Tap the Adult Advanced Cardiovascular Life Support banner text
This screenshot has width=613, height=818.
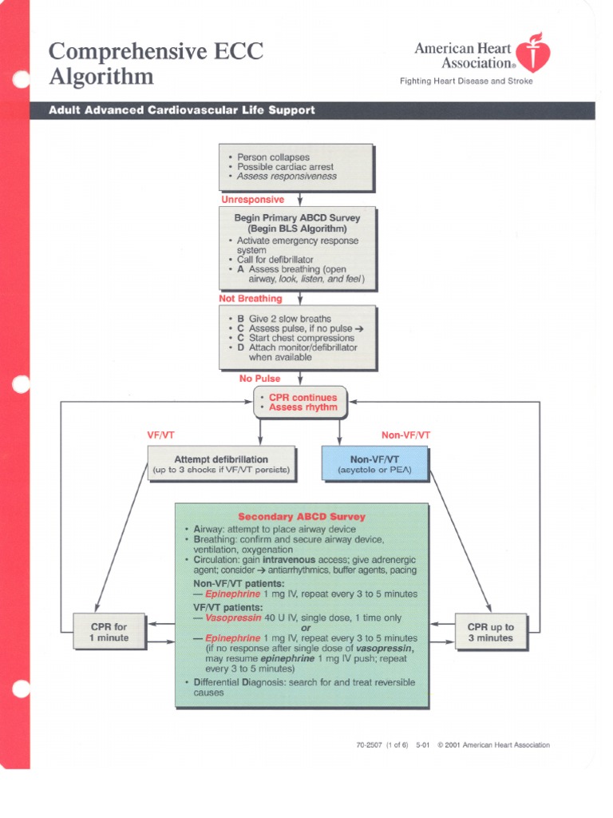point(182,110)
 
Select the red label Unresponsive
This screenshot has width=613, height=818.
point(252,200)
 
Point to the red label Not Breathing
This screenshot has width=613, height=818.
point(251,299)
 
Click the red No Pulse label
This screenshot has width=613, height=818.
point(260,379)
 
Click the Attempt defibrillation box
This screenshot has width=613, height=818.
point(221,464)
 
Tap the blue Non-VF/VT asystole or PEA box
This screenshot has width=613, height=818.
point(374,464)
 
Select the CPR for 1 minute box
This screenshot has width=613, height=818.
point(109,632)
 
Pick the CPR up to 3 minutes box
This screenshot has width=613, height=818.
point(490,632)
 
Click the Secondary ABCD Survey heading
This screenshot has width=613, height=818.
point(302,517)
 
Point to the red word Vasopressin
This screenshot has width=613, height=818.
point(232,618)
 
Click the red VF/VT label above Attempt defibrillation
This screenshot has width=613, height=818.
point(160,435)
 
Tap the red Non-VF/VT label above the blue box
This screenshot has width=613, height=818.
point(405,435)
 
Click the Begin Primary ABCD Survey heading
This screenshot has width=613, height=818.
point(297,218)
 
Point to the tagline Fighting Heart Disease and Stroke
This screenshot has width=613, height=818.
point(466,81)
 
